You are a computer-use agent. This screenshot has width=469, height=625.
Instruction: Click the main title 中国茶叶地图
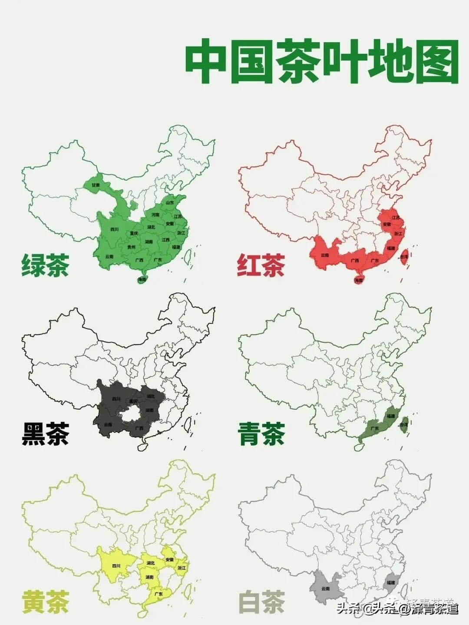click(x=322, y=62)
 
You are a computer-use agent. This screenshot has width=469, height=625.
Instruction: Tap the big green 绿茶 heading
click(x=45, y=265)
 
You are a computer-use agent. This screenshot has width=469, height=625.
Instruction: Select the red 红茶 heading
click(x=261, y=265)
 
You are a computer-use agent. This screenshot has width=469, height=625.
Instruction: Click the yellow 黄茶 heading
click(x=45, y=602)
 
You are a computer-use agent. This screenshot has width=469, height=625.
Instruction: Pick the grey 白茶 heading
click(x=261, y=602)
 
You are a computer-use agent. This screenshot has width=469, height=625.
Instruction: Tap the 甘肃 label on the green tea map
click(x=96, y=185)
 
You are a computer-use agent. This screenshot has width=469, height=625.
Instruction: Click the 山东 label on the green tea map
click(x=169, y=202)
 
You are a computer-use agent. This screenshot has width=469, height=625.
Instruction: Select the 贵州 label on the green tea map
click(x=131, y=247)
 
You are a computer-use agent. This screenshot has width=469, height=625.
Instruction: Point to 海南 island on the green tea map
click(x=142, y=280)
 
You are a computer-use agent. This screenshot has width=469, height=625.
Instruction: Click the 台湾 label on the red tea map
click(x=404, y=257)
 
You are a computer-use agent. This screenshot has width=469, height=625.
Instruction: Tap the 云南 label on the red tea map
click(x=325, y=255)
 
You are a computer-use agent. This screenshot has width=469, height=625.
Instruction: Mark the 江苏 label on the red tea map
click(x=396, y=218)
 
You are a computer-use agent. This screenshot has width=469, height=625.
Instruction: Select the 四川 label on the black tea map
click(x=116, y=399)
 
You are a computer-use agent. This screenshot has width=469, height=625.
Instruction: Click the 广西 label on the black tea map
click(x=139, y=428)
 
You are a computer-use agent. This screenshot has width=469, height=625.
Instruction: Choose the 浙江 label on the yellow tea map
click(x=182, y=568)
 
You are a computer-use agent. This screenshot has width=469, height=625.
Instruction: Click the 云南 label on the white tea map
click(x=325, y=589)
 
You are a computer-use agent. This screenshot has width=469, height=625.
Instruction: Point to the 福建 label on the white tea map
click(x=390, y=582)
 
